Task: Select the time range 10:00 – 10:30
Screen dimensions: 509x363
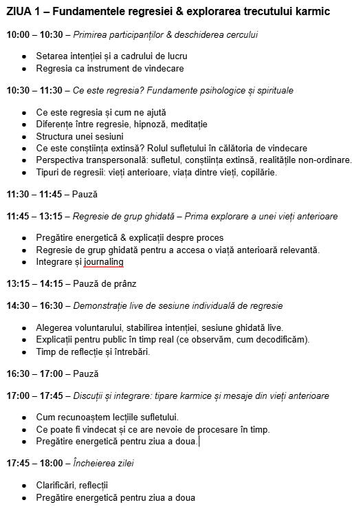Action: coord(34,34)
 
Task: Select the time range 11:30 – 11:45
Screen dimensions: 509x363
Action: coord(34,195)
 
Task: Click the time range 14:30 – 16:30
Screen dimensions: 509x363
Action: coord(34,305)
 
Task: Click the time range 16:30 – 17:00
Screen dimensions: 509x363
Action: coord(34,373)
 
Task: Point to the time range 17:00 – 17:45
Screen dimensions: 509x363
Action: coord(34,396)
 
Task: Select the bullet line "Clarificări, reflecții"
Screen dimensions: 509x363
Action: coord(72,485)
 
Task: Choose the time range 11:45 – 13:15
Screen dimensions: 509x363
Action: coord(34,216)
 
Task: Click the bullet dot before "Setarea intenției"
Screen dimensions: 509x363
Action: coord(25,56)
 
